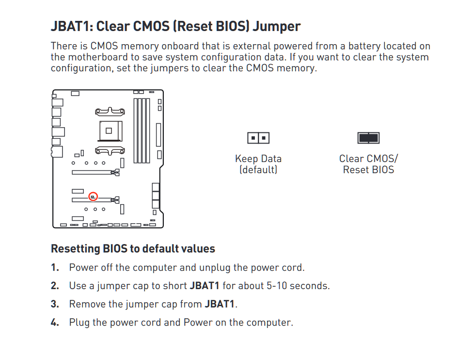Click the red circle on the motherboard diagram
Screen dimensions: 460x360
[x=93, y=196]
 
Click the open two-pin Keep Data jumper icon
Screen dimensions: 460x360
[x=258, y=138]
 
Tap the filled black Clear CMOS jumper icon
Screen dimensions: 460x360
[x=368, y=138]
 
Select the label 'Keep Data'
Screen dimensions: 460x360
[x=258, y=159]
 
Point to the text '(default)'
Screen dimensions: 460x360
[x=258, y=170]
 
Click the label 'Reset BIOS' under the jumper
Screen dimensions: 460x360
[x=368, y=170]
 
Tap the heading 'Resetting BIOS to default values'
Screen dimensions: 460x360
[x=133, y=248]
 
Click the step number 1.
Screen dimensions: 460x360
[x=55, y=267]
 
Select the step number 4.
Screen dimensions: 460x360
[x=55, y=323]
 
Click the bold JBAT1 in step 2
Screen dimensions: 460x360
[x=205, y=286]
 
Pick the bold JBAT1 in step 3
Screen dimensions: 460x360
[x=220, y=304]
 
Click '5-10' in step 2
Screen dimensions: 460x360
[x=277, y=286]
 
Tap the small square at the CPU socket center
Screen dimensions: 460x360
[x=109, y=131]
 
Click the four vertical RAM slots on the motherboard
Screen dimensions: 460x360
[x=142, y=131]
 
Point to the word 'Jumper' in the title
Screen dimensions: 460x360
[x=276, y=27]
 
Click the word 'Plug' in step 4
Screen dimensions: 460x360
[x=79, y=323]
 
